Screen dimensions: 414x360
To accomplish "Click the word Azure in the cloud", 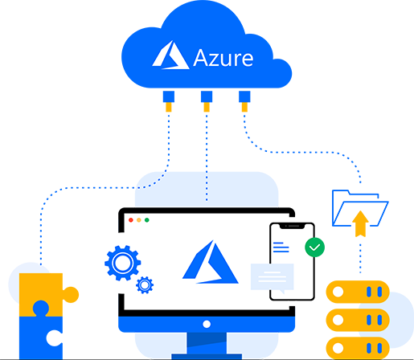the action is [223, 58].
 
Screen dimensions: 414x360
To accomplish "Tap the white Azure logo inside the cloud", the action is [170, 55].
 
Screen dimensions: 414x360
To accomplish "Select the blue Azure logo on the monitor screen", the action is [211, 262].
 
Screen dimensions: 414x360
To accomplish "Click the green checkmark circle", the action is [314, 247].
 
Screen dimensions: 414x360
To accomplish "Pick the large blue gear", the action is [123, 263].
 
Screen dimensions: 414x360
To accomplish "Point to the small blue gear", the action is [145, 285].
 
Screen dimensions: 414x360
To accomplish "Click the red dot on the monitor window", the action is [131, 220].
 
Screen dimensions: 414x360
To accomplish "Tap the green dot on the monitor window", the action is [147, 220].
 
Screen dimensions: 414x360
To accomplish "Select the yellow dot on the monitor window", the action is [139, 220].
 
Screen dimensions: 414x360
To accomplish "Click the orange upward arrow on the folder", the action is [360, 223].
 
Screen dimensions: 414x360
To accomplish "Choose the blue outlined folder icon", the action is [360, 208].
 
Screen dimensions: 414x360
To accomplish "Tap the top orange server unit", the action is [358, 292].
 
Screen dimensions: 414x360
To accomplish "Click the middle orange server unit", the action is [358, 320].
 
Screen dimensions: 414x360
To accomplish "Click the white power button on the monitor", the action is [207, 324].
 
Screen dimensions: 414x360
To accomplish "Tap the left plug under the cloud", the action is [169, 101].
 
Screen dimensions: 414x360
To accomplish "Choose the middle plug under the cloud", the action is [207, 101].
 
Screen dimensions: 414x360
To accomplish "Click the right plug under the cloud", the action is [244, 101].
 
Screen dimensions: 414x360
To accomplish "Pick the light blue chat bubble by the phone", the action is [273, 278].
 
